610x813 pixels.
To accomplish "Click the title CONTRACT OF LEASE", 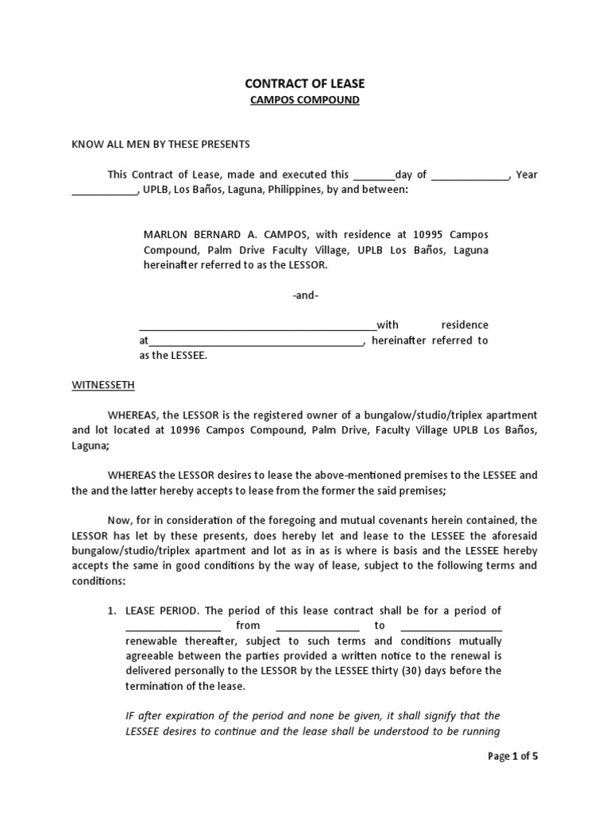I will point(304,83).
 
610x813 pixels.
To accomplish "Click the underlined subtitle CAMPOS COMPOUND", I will point(304,100).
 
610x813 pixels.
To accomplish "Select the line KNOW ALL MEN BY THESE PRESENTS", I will point(161,144).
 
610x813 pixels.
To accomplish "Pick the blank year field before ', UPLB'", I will point(104,191).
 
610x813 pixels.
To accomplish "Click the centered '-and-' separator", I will point(305,295).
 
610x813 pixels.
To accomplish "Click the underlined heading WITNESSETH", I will point(103,385).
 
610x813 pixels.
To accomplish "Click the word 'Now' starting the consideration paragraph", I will point(121,520).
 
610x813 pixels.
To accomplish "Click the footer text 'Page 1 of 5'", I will point(512,756).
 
